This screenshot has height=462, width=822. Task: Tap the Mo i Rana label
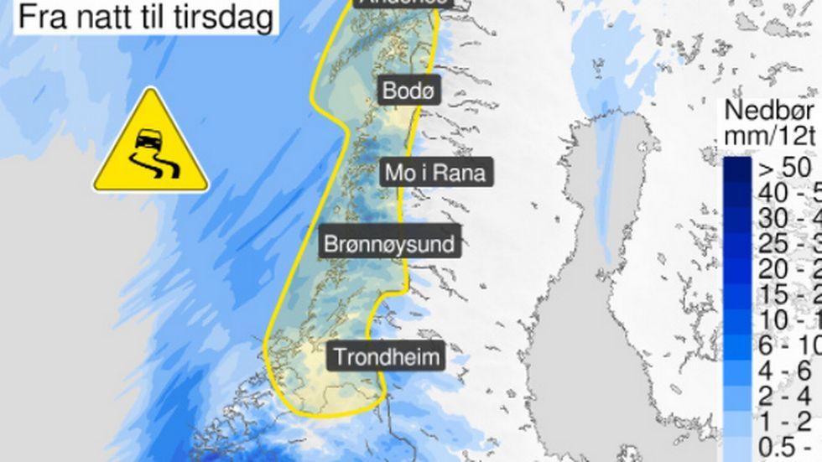pos(434,173)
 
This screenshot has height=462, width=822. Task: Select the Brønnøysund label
pos(390,245)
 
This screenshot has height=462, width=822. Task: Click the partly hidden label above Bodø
pos(402,3)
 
